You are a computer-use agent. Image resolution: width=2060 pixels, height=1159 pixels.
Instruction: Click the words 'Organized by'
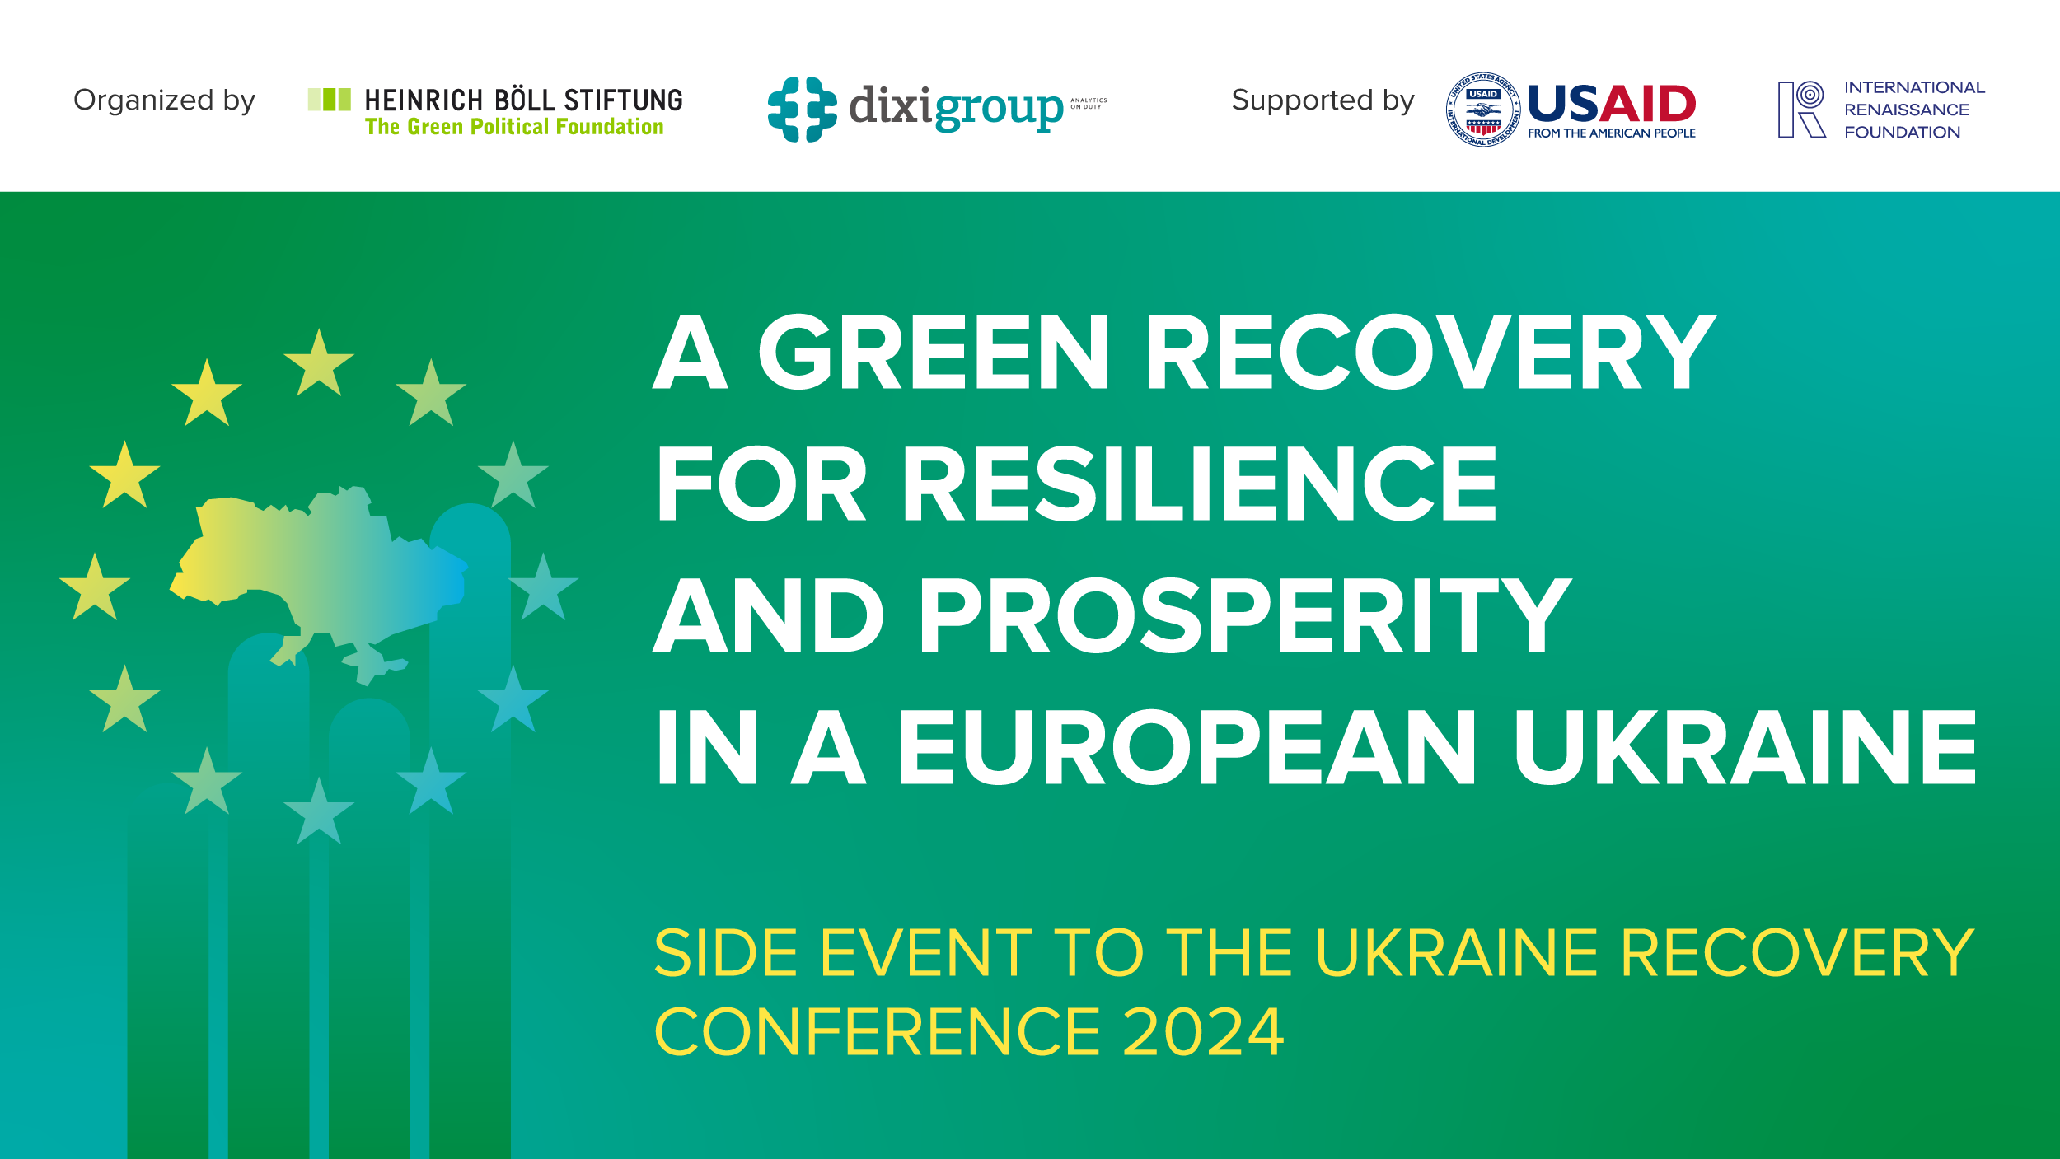point(164,100)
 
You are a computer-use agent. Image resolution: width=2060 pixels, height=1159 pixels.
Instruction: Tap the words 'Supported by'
point(1322,100)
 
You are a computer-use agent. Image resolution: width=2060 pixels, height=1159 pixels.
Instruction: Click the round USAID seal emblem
point(1482,110)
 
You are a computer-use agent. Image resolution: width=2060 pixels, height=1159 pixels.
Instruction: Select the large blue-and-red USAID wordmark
point(1611,104)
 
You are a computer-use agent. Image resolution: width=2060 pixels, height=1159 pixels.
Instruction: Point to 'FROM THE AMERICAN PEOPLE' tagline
point(1611,133)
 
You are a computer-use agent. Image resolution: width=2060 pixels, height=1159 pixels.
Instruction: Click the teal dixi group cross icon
point(802,110)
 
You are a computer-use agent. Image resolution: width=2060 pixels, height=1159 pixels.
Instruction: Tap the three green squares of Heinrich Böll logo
point(329,100)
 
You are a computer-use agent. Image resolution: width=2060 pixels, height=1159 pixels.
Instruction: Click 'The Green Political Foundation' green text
point(514,127)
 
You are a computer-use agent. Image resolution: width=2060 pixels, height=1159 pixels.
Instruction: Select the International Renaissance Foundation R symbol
point(1800,110)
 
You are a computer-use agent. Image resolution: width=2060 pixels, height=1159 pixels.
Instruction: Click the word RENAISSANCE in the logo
point(1906,110)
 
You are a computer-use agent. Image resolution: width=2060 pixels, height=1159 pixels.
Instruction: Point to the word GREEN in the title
point(933,352)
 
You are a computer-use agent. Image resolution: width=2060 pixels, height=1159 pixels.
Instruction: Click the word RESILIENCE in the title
point(1199,484)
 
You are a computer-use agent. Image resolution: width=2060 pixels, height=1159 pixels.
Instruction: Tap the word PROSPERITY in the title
point(1244,615)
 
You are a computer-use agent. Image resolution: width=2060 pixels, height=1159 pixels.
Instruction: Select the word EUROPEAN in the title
point(1187,747)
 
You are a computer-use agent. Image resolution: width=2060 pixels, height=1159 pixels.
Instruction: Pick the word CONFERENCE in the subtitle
point(877,1032)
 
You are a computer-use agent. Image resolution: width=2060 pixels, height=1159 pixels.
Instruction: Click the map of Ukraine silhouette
point(321,568)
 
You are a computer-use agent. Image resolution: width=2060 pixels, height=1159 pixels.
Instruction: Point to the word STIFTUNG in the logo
point(623,100)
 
